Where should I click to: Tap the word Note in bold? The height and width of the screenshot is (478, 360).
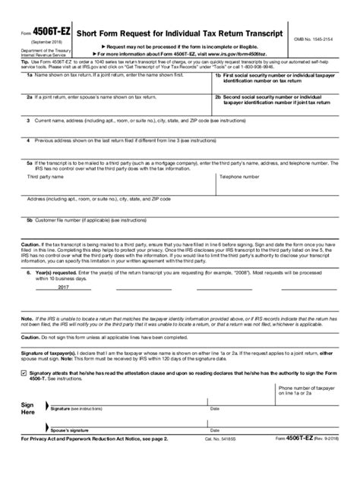27,319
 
